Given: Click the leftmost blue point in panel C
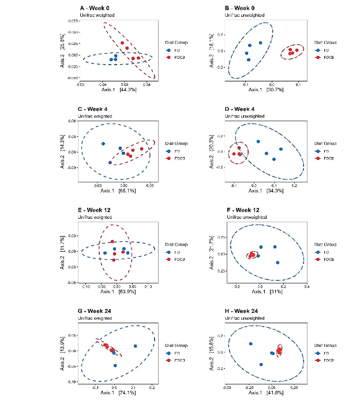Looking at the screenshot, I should pyautogui.click(x=103, y=144).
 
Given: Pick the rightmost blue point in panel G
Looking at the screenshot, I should pyautogui.click(x=134, y=346).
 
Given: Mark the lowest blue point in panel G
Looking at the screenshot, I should pyautogui.click(x=115, y=366).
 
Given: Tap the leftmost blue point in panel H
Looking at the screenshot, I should pyautogui.click(x=250, y=344).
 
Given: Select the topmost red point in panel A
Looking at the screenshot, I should pyautogui.click(x=122, y=43).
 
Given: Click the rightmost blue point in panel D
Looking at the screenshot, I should pyautogui.click(x=281, y=149).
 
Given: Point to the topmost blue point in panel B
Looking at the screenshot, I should pyautogui.click(x=261, y=43).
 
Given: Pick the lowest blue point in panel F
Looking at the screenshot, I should pyautogui.click(x=277, y=263).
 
